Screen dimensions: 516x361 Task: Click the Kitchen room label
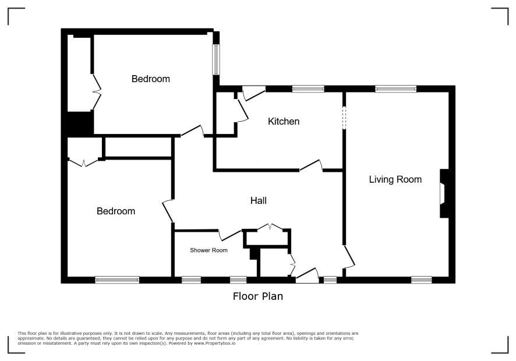[x=284, y=122]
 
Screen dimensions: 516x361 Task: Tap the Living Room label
[x=395, y=179]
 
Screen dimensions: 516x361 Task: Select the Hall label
[x=259, y=200]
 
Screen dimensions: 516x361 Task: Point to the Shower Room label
[x=208, y=250]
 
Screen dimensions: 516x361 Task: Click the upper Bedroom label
[x=151, y=79]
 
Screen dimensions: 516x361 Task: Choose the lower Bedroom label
[x=116, y=211]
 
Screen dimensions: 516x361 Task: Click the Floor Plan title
[x=258, y=296]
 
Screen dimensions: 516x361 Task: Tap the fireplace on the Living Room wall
[x=444, y=193]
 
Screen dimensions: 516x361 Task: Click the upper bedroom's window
[x=216, y=59]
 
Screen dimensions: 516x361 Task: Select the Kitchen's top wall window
[x=308, y=89]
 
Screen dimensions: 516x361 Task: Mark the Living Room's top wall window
[x=396, y=89]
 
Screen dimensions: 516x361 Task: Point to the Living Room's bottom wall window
[x=422, y=280]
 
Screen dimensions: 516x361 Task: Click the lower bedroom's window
[x=117, y=280]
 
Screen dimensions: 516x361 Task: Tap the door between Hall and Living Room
[x=349, y=257]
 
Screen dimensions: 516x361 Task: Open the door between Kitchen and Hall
[x=311, y=165]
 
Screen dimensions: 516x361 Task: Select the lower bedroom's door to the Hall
[x=168, y=211]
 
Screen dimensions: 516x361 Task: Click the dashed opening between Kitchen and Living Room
[x=344, y=118]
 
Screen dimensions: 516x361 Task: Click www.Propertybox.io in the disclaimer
[x=214, y=343]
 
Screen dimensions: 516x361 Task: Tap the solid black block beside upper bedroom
[x=80, y=123]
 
